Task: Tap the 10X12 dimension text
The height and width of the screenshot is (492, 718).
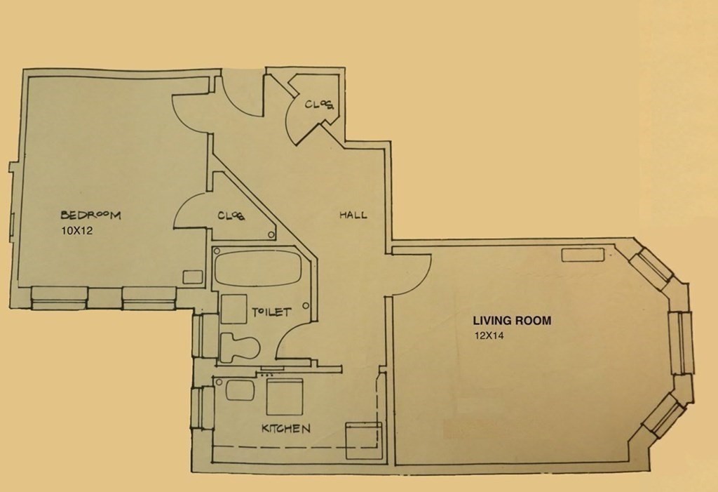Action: pyautogui.click(x=76, y=230)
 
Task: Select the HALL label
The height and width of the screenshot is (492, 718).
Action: pyautogui.click(x=353, y=215)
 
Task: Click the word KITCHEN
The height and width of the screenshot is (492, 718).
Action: pyautogui.click(x=285, y=427)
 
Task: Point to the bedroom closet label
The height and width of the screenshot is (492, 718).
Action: pyautogui.click(x=231, y=215)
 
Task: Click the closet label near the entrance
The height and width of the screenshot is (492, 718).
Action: pyautogui.click(x=319, y=105)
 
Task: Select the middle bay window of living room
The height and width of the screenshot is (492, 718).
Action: pyautogui.click(x=683, y=342)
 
